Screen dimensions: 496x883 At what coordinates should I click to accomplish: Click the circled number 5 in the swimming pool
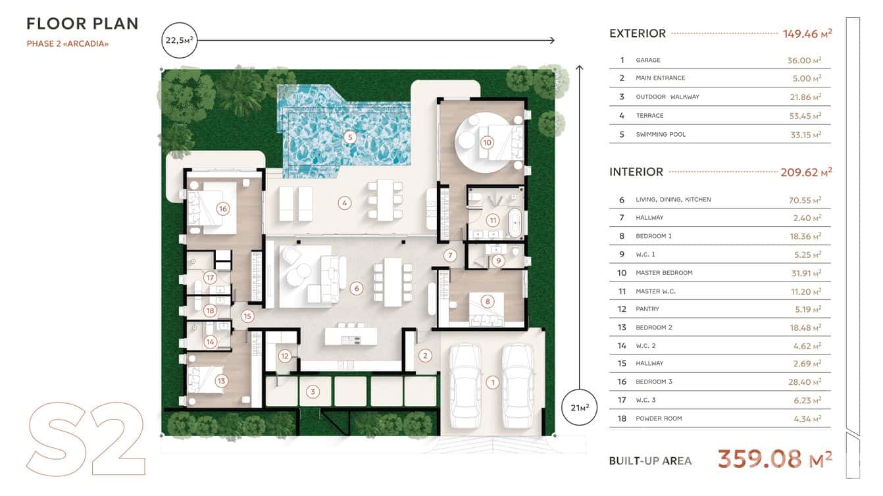tap(350, 137)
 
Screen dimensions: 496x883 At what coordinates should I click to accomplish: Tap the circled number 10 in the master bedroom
tap(487, 142)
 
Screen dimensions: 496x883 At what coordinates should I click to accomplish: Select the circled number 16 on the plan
tap(222, 209)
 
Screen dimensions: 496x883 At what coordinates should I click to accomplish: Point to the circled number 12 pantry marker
tap(284, 357)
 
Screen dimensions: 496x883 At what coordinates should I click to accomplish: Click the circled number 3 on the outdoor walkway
tap(313, 392)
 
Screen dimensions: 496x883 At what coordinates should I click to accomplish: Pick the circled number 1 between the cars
tap(492, 382)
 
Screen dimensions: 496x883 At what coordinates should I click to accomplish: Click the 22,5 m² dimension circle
tap(178, 41)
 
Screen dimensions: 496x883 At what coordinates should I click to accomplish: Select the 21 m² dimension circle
tap(579, 407)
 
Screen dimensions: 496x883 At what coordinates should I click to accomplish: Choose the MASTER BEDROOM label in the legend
tap(664, 273)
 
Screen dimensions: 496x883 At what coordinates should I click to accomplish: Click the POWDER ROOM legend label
tap(659, 418)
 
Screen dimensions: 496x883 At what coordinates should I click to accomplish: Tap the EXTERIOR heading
tap(638, 33)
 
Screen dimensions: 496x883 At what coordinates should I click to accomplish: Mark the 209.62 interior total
tap(803, 172)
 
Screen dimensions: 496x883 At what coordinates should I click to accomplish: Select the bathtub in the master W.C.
tap(515, 224)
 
